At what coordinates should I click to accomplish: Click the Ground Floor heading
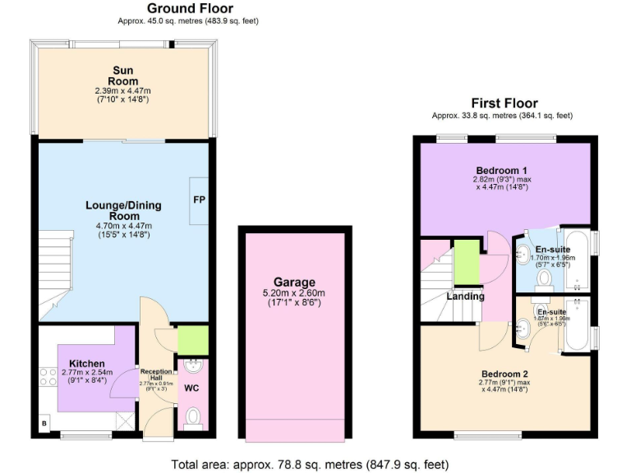tap(190, 8)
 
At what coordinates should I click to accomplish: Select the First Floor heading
tap(504, 103)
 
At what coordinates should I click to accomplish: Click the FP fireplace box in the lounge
tap(199, 200)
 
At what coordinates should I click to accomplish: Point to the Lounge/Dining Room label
tap(123, 210)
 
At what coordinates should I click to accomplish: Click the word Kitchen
tap(86, 363)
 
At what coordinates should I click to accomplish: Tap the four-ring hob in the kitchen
tap(44, 378)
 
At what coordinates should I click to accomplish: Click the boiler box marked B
tap(44, 425)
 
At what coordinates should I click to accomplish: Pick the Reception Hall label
tap(156, 374)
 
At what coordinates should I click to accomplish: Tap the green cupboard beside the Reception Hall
tap(193, 340)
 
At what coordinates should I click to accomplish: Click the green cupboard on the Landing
tap(467, 261)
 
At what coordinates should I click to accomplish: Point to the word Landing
tap(465, 296)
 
